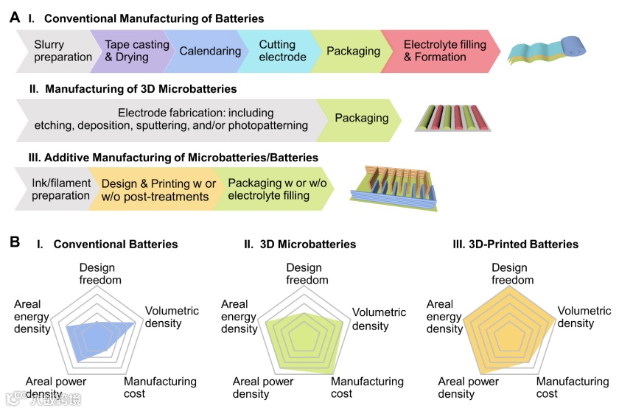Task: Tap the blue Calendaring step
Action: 209,51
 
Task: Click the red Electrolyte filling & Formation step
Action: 444,51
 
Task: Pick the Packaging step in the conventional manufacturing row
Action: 353,51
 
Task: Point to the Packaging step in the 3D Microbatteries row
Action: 362,118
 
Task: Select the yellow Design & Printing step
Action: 156,190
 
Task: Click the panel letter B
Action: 15,241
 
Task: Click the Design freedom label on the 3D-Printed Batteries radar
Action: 509,274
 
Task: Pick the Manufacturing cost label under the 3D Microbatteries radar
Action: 367,387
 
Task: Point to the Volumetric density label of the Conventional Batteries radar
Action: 172,317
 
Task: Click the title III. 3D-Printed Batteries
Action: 515,244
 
